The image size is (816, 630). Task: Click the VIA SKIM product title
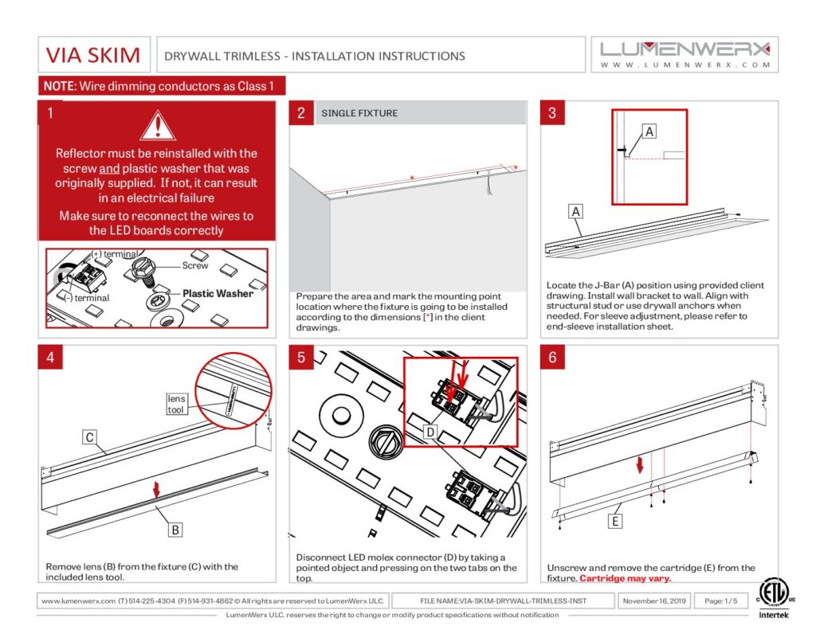pyautogui.click(x=93, y=56)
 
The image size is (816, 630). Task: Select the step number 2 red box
pyautogui.click(x=301, y=113)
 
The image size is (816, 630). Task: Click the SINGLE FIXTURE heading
pyautogui.click(x=359, y=113)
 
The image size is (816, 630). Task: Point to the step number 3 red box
pyautogui.click(x=552, y=113)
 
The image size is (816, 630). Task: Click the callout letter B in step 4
pyautogui.click(x=175, y=527)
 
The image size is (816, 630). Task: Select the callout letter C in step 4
pyautogui.click(x=91, y=436)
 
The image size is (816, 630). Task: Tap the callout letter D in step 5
pyautogui.click(x=430, y=432)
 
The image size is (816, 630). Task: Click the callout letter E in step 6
pyautogui.click(x=614, y=522)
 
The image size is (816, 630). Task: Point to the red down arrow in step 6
pyautogui.click(x=639, y=464)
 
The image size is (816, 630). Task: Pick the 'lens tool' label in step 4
pyautogui.click(x=176, y=404)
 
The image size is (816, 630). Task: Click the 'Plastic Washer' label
pyautogui.click(x=218, y=293)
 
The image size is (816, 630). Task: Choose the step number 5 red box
pyautogui.click(x=301, y=358)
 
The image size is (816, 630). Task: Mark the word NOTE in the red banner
pyautogui.click(x=58, y=86)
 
